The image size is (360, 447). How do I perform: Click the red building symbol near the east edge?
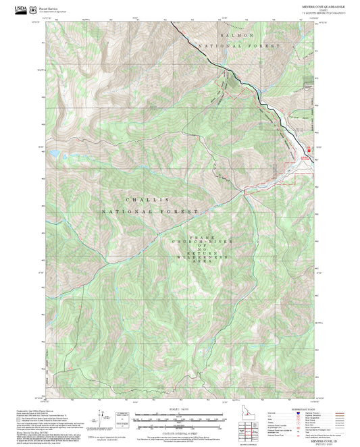(310, 153)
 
